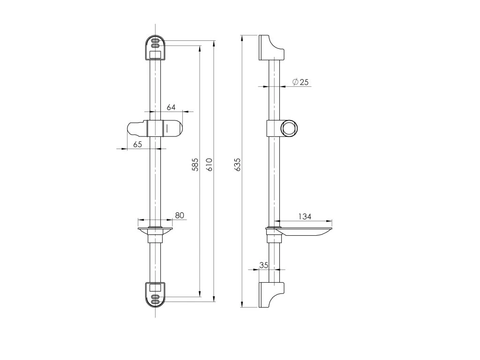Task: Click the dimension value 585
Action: click(195, 165)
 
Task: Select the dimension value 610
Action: click(209, 165)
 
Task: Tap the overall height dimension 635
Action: click(238, 165)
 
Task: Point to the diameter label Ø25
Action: click(300, 82)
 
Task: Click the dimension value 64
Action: click(171, 107)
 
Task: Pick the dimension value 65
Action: click(138, 144)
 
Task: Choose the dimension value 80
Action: click(180, 216)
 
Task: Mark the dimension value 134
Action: click(305, 217)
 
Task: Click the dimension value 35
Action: click(263, 265)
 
